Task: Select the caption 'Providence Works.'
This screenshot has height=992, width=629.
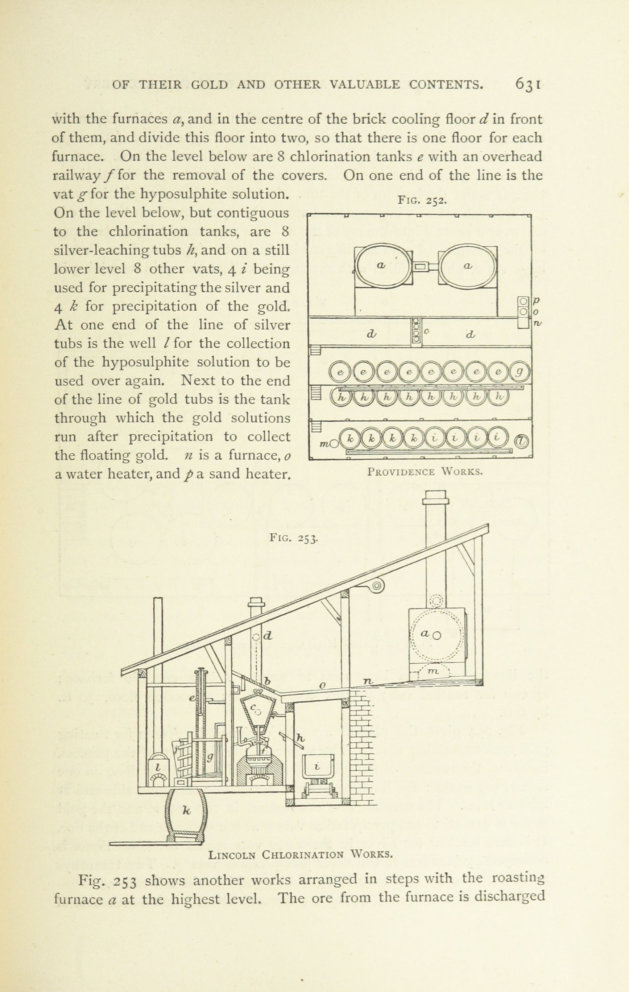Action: pos(425,471)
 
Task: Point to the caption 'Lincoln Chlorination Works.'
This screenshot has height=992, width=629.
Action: pos(301,854)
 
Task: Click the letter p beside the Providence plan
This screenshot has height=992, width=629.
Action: pos(537,300)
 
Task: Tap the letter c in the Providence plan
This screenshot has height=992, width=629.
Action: pos(426,331)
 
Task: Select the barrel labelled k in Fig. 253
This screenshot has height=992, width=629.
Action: pos(186,810)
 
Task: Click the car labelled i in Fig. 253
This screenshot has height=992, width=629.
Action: pos(316,766)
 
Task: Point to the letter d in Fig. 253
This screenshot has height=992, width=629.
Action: pos(267,636)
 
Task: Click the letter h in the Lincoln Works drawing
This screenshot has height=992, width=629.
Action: pos(301,739)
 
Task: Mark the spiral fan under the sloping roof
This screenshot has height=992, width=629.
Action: pos(376,585)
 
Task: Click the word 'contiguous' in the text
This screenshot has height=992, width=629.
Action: pos(253,213)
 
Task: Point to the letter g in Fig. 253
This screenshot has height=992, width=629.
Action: pos(210,757)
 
